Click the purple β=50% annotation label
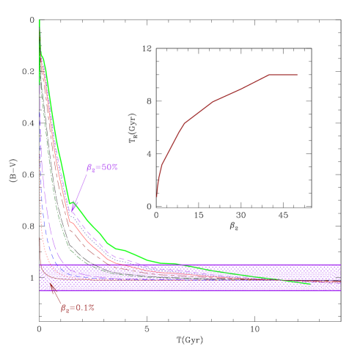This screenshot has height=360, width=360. (102, 167)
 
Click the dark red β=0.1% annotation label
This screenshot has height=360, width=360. (77, 308)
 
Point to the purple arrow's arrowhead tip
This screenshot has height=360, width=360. (72, 212)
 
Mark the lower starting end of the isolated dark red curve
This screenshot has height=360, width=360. (157, 196)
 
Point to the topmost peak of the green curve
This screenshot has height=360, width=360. (40, 20)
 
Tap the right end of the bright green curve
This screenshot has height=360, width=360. (310, 283)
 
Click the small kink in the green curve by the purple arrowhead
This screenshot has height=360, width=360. (70, 203)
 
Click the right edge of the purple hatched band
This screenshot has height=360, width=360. (340, 277)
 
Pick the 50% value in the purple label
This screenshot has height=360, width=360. (109, 167)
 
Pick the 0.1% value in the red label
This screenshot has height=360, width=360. (84, 308)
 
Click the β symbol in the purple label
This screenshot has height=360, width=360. (90, 168)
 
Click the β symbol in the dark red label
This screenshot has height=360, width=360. (64, 308)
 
